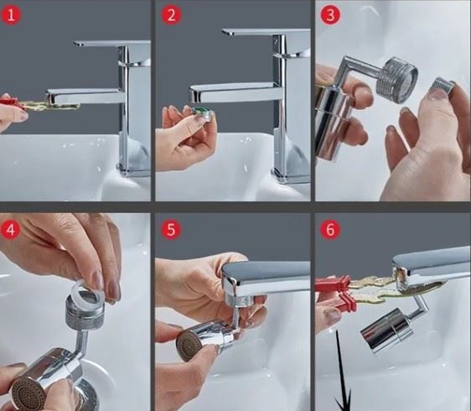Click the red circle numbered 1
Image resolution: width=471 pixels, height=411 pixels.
pos(11,15)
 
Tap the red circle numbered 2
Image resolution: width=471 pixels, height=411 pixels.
pos(171,15)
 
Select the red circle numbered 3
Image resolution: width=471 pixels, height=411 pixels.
pos(330,15)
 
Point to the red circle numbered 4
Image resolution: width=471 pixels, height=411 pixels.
pos(11,230)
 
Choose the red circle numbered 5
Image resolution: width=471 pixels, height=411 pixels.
pos(171,229)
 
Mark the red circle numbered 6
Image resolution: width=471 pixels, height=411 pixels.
pos(330,230)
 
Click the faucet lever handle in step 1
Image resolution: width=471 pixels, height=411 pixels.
pos(111,44)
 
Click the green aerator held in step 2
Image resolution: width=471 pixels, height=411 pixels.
pos(202,112)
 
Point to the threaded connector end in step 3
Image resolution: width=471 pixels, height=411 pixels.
pos(396,80)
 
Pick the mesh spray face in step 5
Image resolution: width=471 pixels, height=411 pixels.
pos(189,345)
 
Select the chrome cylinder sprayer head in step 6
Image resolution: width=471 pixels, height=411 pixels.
pos(386,330)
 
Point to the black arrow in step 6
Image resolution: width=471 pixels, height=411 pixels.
pos(342,371)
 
